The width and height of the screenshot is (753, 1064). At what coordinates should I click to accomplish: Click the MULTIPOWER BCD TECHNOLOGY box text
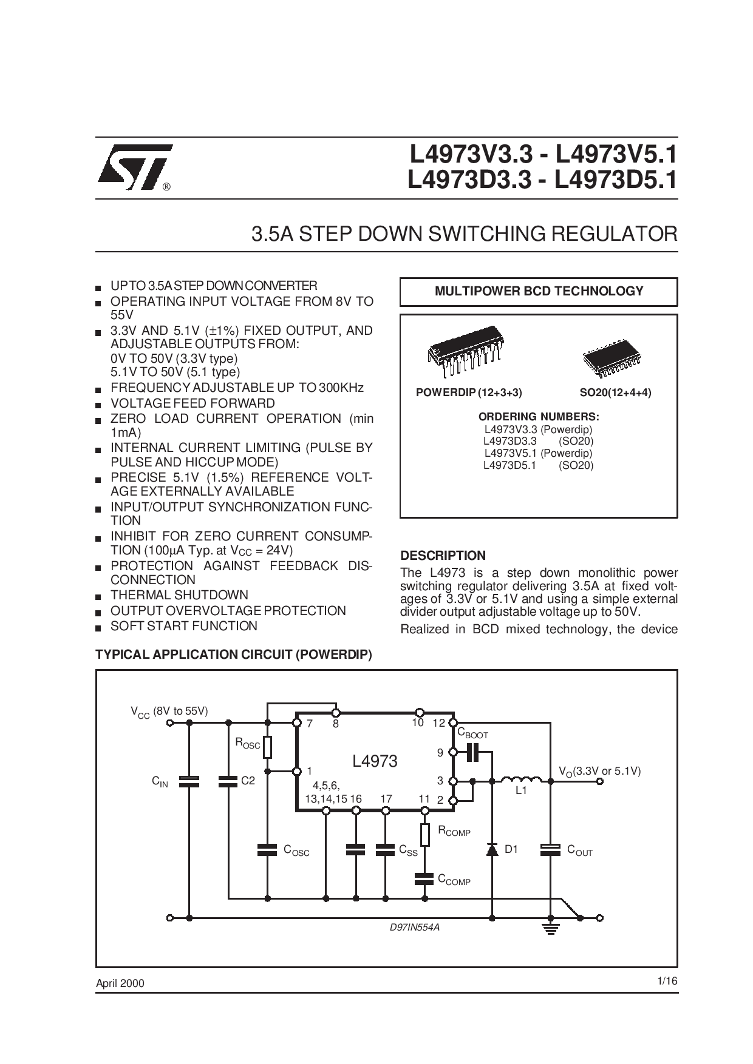click(x=539, y=291)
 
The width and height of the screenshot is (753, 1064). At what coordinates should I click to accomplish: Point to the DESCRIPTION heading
click(x=443, y=555)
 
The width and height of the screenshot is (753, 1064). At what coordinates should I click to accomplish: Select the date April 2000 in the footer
click(x=120, y=983)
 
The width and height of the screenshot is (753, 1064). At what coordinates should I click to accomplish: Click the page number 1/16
click(x=666, y=981)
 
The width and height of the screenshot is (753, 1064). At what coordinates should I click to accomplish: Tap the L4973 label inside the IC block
click(x=375, y=761)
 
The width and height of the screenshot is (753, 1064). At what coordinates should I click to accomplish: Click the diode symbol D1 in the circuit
click(x=492, y=849)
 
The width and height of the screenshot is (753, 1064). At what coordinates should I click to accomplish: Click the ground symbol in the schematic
click(x=551, y=928)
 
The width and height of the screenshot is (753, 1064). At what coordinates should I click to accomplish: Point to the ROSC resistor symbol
click(x=267, y=747)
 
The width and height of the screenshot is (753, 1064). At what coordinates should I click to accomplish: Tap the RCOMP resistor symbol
click(x=425, y=835)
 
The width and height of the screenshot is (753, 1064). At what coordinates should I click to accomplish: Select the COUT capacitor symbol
click(x=550, y=849)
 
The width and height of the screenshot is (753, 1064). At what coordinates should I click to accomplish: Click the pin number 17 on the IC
click(x=386, y=799)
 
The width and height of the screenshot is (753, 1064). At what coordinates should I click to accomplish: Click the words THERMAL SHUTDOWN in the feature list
click(x=179, y=595)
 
